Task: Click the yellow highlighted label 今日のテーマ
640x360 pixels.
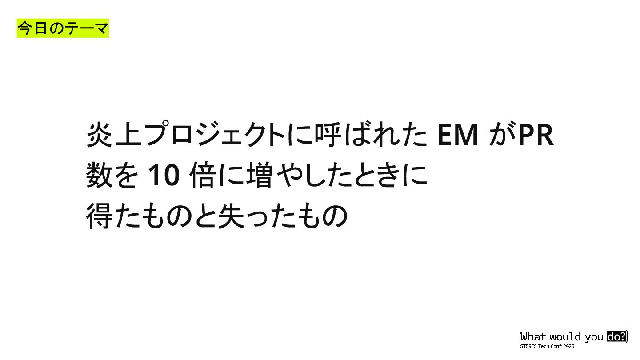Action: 63,29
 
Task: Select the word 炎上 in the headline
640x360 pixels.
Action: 114,135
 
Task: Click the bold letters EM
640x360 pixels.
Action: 458,135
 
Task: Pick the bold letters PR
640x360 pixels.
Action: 536,135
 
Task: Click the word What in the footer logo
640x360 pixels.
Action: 533,336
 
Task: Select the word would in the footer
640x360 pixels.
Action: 565,336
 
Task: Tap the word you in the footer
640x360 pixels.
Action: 594,337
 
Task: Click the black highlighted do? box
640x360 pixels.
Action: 616,336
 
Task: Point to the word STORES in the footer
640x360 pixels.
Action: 528,346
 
